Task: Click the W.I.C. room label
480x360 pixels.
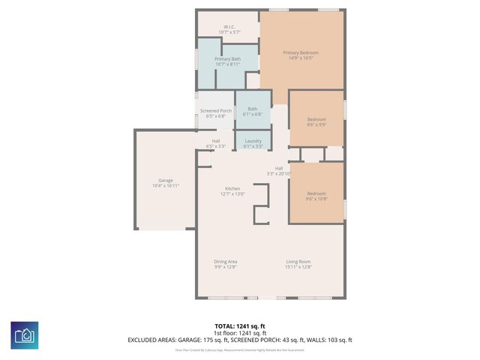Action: [x=229, y=27]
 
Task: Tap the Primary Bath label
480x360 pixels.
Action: [x=227, y=58]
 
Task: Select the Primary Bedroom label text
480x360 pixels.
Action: [x=300, y=52]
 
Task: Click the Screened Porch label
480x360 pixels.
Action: [x=215, y=111]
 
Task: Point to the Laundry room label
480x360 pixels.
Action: [x=253, y=141]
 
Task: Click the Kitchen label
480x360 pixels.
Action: [x=232, y=188]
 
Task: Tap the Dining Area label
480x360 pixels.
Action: [x=226, y=261]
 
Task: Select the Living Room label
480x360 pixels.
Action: [x=298, y=261]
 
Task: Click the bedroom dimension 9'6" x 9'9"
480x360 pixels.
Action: [x=316, y=125]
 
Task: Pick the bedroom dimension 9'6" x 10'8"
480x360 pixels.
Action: [x=316, y=199]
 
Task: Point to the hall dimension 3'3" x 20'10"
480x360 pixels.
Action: [x=278, y=174]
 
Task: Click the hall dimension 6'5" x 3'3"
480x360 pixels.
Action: [x=216, y=146]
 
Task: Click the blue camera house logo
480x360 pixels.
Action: [x=25, y=334]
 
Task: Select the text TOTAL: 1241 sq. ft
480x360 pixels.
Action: [x=240, y=325]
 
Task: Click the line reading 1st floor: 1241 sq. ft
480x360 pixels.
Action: [x=240, y=332]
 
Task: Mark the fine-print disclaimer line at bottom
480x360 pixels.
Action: [x=240, y=349]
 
